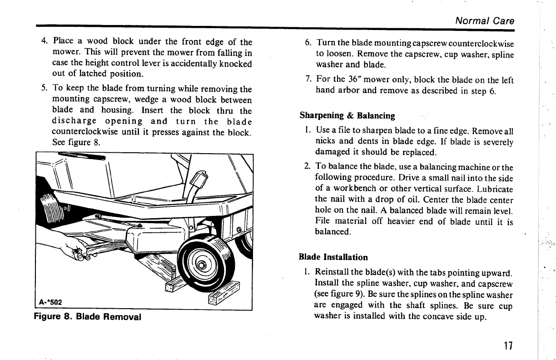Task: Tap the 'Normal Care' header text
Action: click(485, 21)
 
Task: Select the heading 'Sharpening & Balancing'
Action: click(347, 115)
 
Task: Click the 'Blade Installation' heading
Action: click(333, 257)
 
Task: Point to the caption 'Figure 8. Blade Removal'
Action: click(88, 316)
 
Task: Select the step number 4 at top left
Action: click(44, 42)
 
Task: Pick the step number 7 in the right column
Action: click(308, 80)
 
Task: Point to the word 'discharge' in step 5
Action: click(74, 121)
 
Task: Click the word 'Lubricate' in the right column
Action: click(494, 189)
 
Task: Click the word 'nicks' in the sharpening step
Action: click(325, 142)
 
